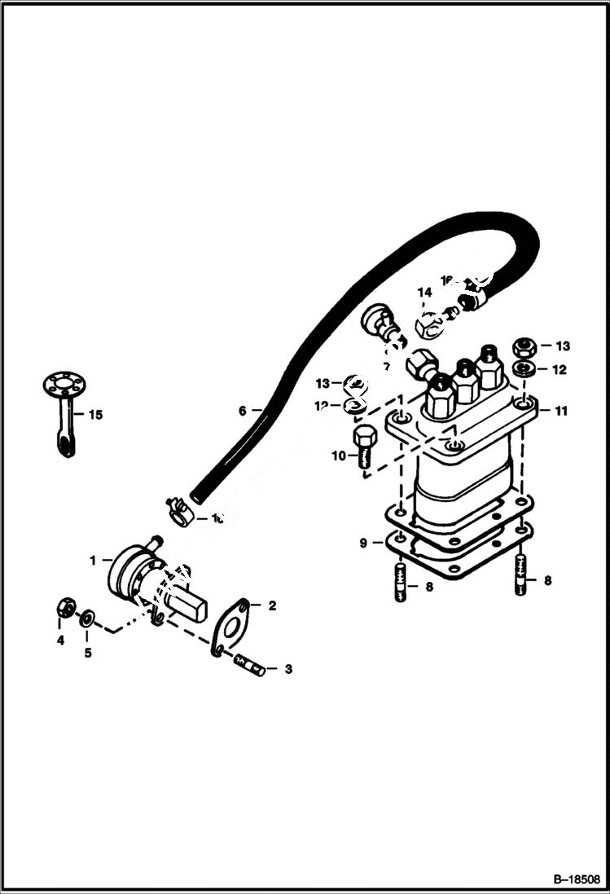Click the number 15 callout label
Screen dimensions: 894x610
click(95, 415)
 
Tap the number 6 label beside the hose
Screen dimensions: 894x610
click(242, 412)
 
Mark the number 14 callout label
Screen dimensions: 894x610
click(425, 293)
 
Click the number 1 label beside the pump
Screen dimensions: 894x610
click(94, 560)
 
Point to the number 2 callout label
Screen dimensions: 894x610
click(273, 606)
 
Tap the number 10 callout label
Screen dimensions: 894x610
click(338, 456)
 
